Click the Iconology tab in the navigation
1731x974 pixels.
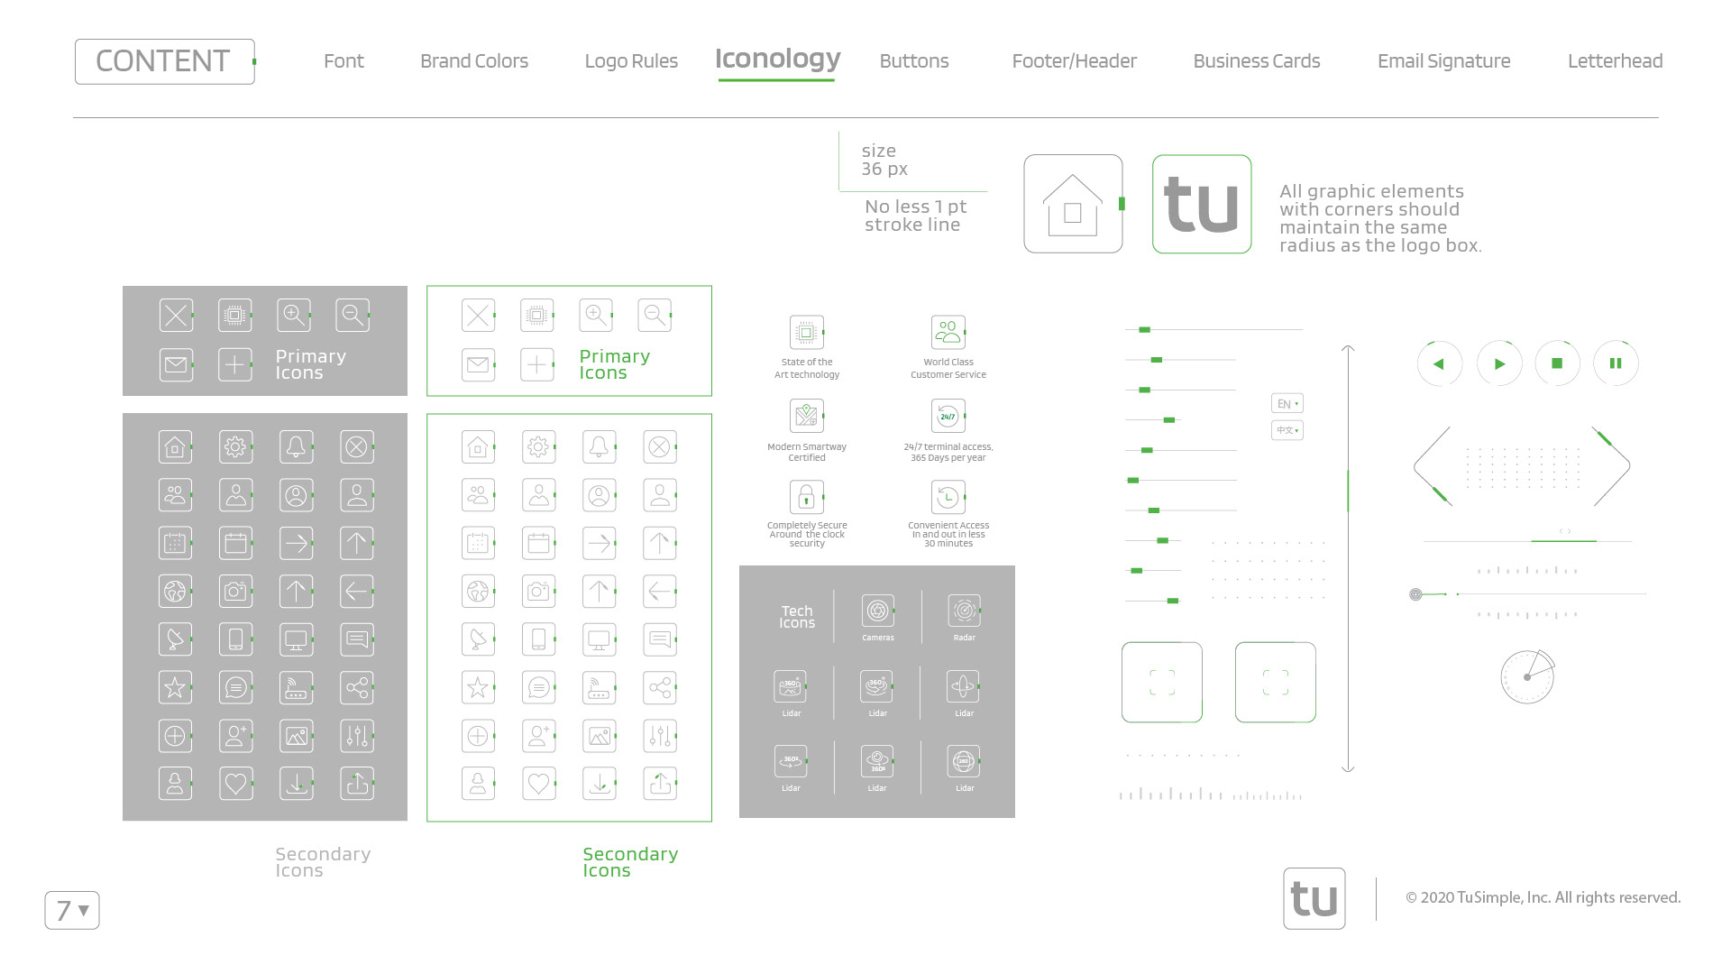click(x=777, y=60)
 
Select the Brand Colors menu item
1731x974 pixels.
click(x=474, y=61)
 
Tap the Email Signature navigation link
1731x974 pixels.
click(x=1443, y=61)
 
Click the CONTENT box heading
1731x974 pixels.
click(x=164, y=61)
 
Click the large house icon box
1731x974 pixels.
click(x=1073, y=204)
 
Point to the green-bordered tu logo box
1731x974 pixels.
click(x=1202, y=204)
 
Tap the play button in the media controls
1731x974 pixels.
click(x=1499, y=363)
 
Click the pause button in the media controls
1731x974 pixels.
click(x=1616, y=363)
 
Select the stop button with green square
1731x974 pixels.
click(x=1557, y=363)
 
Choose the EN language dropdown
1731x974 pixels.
click(x=1287, y=404)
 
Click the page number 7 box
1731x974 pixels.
click(x=72, y=910)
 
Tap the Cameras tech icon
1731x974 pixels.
click(x=877, y=611)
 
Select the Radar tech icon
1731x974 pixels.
click(x=964, y=611)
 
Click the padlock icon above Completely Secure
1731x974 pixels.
click(x=806, y=497)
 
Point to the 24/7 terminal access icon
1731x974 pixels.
click(x=948, y=416)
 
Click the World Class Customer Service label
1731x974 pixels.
click(x=948, y=368)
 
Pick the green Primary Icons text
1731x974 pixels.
click(x=614, y=364)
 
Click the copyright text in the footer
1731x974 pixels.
click(x=1543, y=897)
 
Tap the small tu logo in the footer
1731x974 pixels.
click(x=1314, y=898)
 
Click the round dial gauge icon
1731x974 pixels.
click(x=1527, y=676)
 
